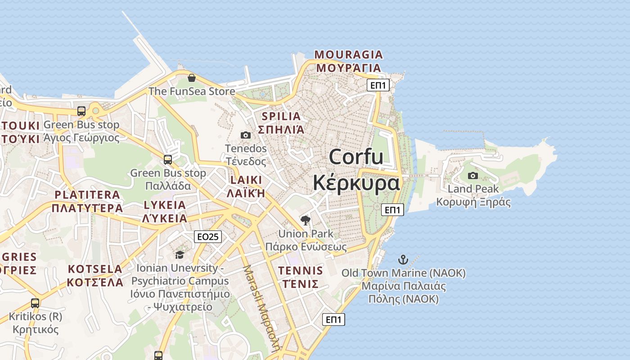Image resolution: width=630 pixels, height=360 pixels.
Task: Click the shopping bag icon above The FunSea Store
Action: pyautogui.click(x=192, y=78)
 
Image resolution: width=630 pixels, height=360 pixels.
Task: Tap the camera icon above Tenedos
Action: pyautogui.click(x=245, y=135)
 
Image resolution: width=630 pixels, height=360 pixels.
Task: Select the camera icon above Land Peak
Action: pyautogui.click(x=472, y=175)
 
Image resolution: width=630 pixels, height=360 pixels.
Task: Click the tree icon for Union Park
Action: pyautogui.click(x=306, y=220)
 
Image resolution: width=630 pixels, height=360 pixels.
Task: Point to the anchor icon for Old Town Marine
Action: pyautogui.click(x=403, y=260)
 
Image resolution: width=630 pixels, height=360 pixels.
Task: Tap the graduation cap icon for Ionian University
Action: pyautogui.click(x=180, y=255)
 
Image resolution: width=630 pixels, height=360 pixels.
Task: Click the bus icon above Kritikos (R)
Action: pyautogui.click(x=35, y=303)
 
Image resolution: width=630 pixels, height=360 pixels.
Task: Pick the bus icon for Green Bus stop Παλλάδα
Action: pyautogui.click(x=168, y=159)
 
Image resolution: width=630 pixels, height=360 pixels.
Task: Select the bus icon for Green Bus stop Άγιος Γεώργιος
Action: pyautogui.click(x=81, y=111)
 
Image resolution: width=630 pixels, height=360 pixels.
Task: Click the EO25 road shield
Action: pyautogui.click(x=208, y=236)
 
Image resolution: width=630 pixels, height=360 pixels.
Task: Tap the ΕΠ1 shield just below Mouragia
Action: pyautogui.click(x=378, y=85)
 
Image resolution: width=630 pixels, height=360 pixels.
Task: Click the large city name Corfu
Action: pyautogui.click(x=356, y=157)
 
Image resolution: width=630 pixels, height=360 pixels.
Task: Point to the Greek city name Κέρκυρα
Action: pyautogui.click(x=356, y=183)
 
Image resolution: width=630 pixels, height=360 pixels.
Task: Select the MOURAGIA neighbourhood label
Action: pyautogui.click(x=349, y=55)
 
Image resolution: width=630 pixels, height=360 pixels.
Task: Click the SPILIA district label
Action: pyautogui.click(x=281, y=116)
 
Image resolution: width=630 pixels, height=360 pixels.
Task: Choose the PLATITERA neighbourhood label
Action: pyautogui.click(x=87, y=195)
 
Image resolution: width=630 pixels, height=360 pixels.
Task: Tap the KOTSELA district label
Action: pyautogui.click(x=95, y=269)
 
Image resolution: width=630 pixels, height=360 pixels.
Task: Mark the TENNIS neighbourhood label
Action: pyautogui.click(x=301, y=270)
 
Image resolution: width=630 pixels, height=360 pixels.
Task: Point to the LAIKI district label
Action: pyautogui.click(x=246, y=180)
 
